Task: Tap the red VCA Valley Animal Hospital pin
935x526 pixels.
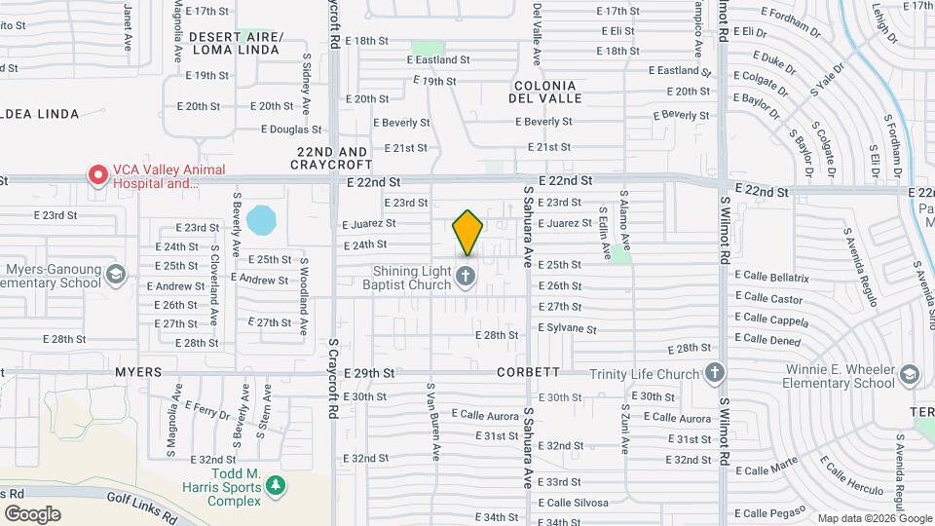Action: (98, 174)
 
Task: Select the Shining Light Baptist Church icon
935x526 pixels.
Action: (466, 277)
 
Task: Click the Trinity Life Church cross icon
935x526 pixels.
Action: (715, 373)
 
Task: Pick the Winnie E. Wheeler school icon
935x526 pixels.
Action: (910, 375)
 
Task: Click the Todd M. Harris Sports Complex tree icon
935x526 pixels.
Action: (277, 484)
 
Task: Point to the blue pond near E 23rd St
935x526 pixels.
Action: (261, 220)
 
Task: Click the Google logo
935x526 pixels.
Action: (32, 514)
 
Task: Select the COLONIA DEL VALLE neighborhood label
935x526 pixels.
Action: (546, 91)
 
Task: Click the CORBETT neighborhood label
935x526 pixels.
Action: (528, 372)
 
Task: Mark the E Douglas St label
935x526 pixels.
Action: (291, 130)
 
